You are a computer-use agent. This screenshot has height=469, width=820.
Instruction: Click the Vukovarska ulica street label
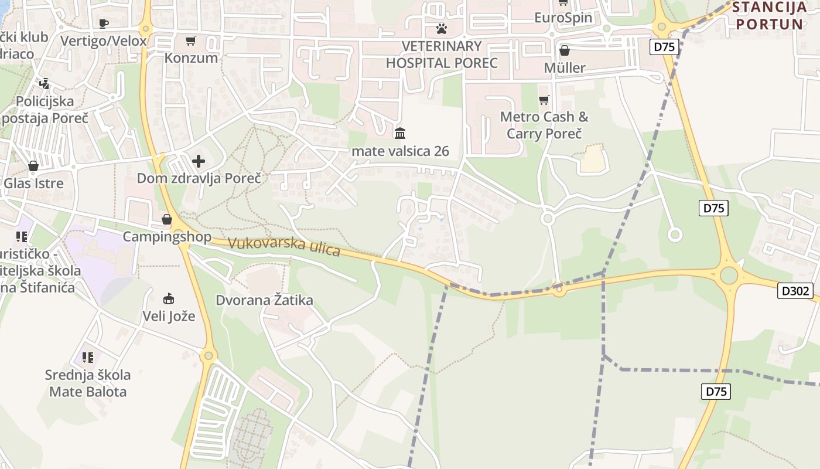coord(284,246)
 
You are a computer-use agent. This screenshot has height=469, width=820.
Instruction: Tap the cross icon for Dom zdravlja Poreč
coord(199,161)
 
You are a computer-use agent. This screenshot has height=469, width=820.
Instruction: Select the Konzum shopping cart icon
coord(190,40)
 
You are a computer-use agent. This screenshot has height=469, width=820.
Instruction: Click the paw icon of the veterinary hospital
coord(442,28)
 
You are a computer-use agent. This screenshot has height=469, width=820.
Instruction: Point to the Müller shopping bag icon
coord(565,51)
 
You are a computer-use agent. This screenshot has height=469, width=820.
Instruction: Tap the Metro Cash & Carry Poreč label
coord(544,125)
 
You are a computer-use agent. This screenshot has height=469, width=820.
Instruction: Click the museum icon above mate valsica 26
coord(400,133)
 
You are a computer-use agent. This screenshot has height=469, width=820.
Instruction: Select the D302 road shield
coord(795,290)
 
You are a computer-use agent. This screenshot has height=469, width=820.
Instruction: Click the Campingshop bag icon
coord(167,220)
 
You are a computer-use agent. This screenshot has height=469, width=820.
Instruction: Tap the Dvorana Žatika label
coord(264,300)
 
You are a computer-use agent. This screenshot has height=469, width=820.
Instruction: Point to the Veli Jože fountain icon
coord(169,299)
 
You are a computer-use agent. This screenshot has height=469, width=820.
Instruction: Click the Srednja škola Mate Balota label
coord(88,383)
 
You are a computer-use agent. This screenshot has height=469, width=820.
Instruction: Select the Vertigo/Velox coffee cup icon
coord(104,23)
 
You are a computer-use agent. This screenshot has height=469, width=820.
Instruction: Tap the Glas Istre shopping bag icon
coord(33,166)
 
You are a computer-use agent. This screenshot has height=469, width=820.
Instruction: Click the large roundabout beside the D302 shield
coord(729,275)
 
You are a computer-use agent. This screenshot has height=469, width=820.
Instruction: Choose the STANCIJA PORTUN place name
coord(770,16)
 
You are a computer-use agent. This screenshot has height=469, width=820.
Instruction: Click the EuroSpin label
coord(563,18)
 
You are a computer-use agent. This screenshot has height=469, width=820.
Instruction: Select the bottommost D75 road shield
coord(716,391)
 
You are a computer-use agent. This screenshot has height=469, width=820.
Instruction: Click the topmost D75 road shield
coord(664,47)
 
